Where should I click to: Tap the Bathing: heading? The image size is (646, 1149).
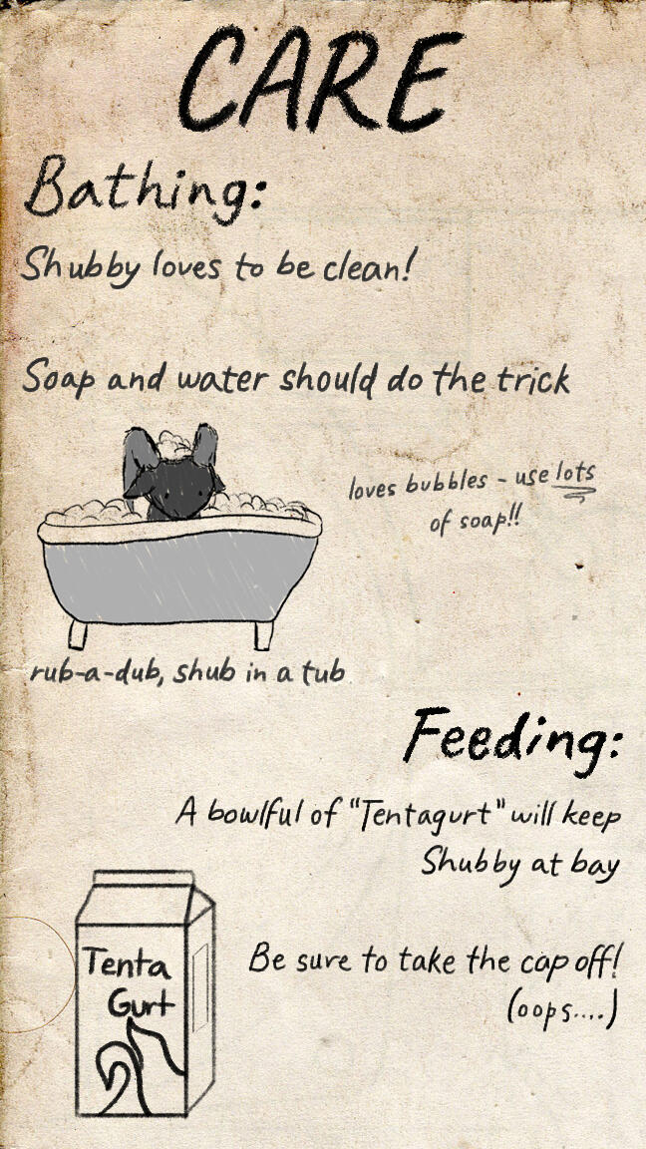(144, 190)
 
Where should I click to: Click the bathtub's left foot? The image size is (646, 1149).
(77, 634)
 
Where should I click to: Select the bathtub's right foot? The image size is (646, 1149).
(263, 635)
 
